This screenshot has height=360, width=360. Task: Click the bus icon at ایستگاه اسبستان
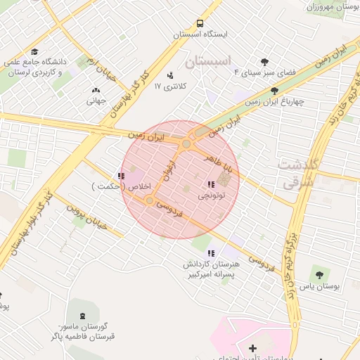pyautogui.click(x=200, y=22)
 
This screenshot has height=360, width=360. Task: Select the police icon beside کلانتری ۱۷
pyautogui.click(x=169, y=75)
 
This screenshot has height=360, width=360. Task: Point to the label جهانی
pyautogui.click(x=96, y=101)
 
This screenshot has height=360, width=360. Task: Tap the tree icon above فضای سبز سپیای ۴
pyautogui.click(x=264, y=61)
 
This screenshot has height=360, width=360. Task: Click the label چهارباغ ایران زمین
pyautogui.click(x=274, y=101)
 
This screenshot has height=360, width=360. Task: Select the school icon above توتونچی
pyautogui.click(x=212, y=184)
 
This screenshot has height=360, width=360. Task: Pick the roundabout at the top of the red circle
pyautogui.click(x=186, y=144)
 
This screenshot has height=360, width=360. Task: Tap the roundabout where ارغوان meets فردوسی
pyautogui.click(x=150, y=201)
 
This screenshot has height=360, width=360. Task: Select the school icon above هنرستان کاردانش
pyautogui.click(x=211, y=253)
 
